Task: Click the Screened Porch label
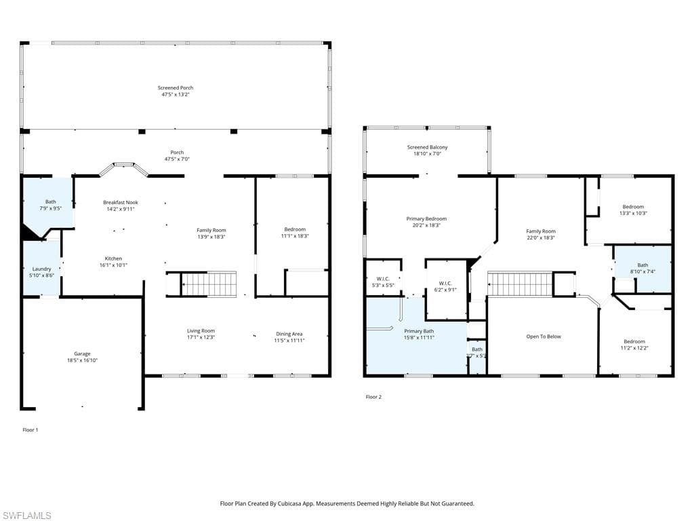[x=176, y=88]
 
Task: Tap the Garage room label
[x=82, y=353]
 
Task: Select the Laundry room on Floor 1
[x=41, y=269]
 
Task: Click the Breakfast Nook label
[x=120, y=202]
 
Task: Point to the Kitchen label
[x=113, y=258]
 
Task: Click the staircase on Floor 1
[x=209, y=284]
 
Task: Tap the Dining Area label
[x=289, y=334]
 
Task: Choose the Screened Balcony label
[x=427, y=147]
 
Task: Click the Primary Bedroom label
[x=426, y=219]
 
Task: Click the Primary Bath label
[x=419, y=331]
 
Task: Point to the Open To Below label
[x=544, y=336]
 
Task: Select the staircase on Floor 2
[x=520, y=284]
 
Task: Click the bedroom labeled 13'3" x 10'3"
[x=633, y=207]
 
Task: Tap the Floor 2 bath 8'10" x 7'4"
[x=642, y=265]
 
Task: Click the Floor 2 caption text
[x=373, y=397]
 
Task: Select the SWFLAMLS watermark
[x=26, y=516]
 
